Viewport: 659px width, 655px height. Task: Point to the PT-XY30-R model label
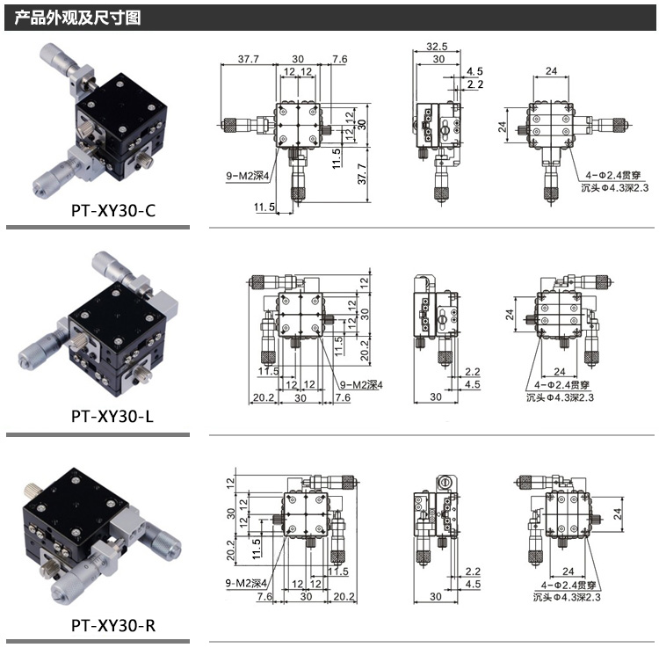(x=112, y=627)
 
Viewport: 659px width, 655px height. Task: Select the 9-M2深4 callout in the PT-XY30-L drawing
(x=363, y=385)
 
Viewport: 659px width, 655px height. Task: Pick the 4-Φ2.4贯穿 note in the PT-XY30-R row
(x=564, y=585)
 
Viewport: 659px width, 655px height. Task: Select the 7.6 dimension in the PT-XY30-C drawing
(x=339, y=59)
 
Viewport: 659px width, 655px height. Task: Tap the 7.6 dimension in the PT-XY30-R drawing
(x=264, y=596)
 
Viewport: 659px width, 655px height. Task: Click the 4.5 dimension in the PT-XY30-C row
(x=474, y=70)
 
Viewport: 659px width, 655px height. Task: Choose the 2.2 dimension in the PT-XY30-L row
(x=474, y=372)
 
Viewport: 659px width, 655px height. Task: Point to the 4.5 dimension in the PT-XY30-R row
(x=474, y=583)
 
